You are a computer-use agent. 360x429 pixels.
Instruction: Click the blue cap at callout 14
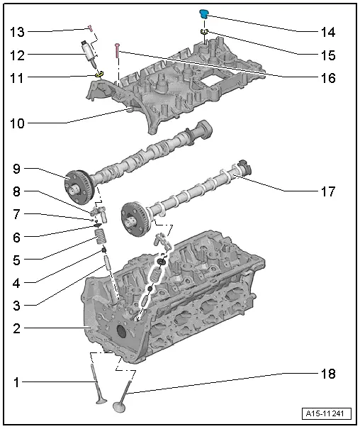pyautogui.click(x=203, y=13)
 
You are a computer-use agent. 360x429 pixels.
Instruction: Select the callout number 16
pyautogui.click(x=328, y=78)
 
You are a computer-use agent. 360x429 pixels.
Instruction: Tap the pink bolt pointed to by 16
pyautogui.click(x=117, y=50)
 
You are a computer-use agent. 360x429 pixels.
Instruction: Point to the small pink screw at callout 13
pyautogui.click(x=90, y=28)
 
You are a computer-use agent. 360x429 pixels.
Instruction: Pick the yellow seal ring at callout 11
pyautogui.click(x=99, y=74)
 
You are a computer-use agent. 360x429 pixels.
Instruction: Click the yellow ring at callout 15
pyautogui.click(x=204, y=32)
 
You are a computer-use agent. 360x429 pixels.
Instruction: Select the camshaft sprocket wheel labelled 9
pyautogui.click(x=79, y=187)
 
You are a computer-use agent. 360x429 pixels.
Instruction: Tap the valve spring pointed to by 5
pyautogui.click(x=101, y=237)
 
